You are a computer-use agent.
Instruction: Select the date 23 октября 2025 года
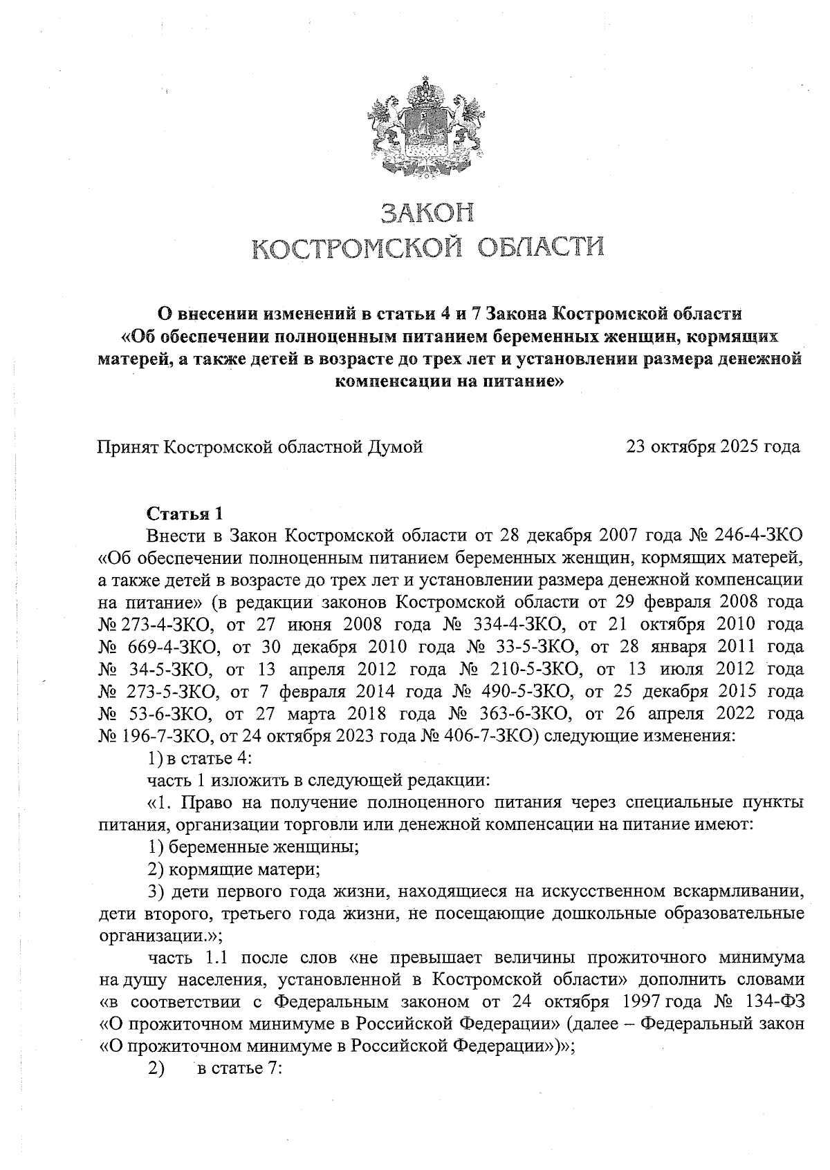[712, 447]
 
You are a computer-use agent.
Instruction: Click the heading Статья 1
[185, 513]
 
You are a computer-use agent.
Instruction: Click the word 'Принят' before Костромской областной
[127, 447]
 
